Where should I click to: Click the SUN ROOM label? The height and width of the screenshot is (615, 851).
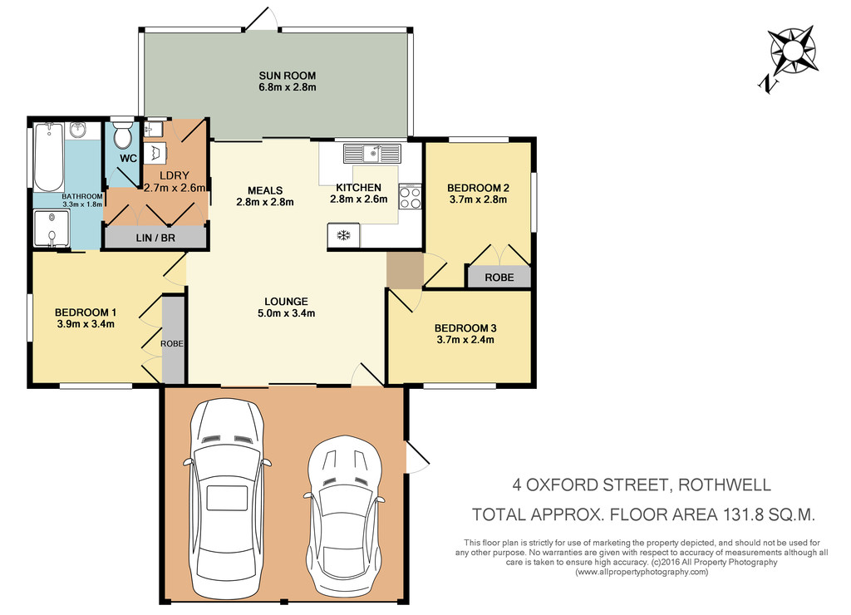287,76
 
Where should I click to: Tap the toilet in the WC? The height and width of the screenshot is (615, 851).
123,135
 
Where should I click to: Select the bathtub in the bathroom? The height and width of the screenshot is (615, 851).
48,157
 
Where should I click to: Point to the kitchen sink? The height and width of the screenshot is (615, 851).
372,154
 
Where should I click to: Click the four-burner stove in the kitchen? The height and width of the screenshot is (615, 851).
410,196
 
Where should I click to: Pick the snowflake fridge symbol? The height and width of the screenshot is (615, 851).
343,235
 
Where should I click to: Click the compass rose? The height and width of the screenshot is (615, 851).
794,51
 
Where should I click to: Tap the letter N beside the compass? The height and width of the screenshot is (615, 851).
767,84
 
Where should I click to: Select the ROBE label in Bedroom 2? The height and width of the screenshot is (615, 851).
499,278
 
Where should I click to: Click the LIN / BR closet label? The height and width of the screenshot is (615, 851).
155,238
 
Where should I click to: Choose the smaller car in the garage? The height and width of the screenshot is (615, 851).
344,515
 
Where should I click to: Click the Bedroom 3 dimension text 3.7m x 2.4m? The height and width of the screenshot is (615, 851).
465,340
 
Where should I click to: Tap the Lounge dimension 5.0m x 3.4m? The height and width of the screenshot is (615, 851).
287,313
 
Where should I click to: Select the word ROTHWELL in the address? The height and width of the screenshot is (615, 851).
725,485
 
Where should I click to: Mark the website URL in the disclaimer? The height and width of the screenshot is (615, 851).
642,572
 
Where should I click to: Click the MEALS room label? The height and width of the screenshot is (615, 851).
265,190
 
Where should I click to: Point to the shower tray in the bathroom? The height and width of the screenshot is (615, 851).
52,228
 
